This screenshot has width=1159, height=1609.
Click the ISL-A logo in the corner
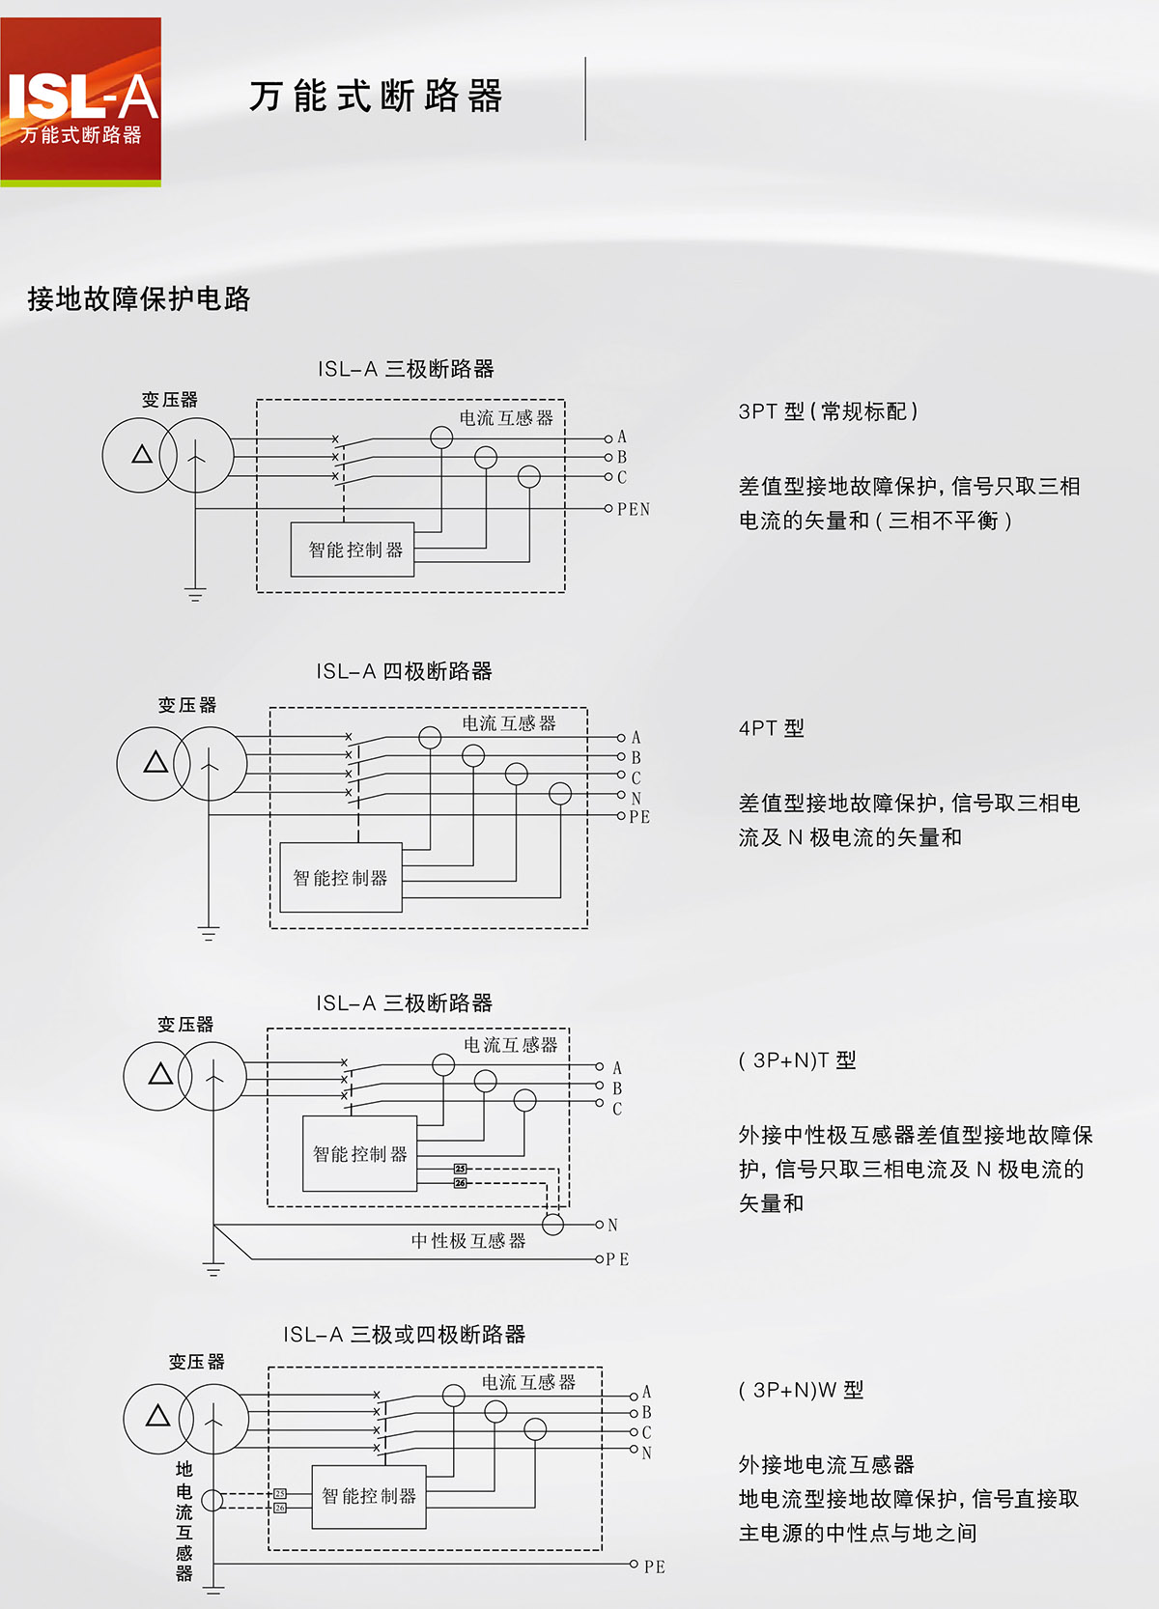[x=81, y=101]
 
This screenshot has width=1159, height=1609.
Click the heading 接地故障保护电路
[x=139, y=299]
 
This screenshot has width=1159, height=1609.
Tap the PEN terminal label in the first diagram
[x=634, y=509]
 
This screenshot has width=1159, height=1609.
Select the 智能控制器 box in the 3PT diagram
[x=353, y=550]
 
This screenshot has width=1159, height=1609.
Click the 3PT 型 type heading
[x=828, y=411]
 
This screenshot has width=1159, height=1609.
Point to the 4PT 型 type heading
[x=771, y=728]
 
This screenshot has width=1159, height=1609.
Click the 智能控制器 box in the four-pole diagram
[x=340, y=878]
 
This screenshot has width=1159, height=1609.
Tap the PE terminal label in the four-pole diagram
[x=639, y=817]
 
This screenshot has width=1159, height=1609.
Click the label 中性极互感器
[x=468, y=1241]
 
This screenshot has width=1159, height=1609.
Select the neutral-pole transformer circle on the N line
[x=553, y=1225]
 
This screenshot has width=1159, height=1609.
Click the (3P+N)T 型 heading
[x=797, y=1060]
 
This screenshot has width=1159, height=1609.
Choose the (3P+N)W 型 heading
[x=801, y=1391]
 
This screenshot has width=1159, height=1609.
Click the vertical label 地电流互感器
[x=184, y=1520]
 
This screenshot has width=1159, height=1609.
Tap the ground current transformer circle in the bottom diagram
[x=212, y=1500]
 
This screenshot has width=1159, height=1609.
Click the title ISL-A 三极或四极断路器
[x=404, y=1335]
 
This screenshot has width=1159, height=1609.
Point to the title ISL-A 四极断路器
[x=404, y=671]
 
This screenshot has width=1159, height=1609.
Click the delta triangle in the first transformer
[x=142, y=454]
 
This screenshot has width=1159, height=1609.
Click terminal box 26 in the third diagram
[x=460, y=1183]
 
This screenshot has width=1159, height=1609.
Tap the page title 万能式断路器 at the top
[x=376, y=97]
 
